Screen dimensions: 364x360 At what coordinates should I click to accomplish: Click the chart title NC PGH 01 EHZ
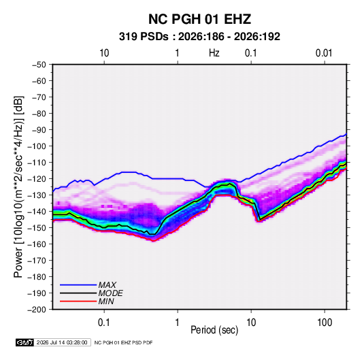pyautogui.click(x=199, y=19)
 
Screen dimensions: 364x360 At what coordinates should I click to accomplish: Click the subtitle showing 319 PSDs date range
pyautogui.click(x=199, y=37)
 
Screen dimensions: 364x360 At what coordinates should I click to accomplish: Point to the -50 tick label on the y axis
pyautogui.click(x=39, y=65)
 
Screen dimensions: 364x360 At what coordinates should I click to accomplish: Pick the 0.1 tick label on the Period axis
pyautogui.click(x=104, y=323)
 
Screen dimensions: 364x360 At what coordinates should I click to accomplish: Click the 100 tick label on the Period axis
pyautogui.click(x=325, y=323)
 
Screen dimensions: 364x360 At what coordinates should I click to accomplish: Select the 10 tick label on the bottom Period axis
pyautogui.click(x=251, y=323)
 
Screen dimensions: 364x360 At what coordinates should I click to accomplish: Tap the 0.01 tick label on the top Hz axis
pyautogui.click(x=324, y=53)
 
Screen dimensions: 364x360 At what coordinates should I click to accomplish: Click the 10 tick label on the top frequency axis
pyautogui.click(x=104, y=53)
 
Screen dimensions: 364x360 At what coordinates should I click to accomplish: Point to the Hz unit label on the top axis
pyautogui.click(x=214, y=53)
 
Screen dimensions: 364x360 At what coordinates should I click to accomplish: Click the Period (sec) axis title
pyautogui.click(x=214, y=330)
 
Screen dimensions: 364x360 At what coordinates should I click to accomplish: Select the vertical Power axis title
pyautogui.click(x=18, y=187)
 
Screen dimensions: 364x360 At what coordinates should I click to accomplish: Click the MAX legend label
pyautogui.click(x=107, y=285)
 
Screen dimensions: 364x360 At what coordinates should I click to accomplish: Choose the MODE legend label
pyautogui.click(x=110, y=293)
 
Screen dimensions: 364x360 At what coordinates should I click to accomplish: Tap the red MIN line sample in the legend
pyautogui.click(x=78, y=301)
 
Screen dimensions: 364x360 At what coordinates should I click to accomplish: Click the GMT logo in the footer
pyautogui.click(x=24, y=342)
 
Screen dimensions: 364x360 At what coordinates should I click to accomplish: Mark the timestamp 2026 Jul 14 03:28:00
pyautogui.click(x=62, y=342)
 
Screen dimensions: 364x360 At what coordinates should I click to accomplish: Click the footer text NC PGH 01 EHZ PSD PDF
pyautogui.click(x=123, y=342)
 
